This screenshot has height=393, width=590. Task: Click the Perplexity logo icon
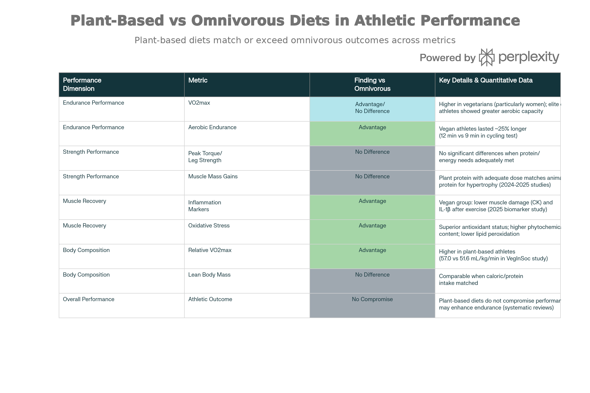click(487, 57)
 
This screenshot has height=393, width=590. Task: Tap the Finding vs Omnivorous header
click(372, 84)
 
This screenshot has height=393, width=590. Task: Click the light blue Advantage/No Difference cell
click(372, 109)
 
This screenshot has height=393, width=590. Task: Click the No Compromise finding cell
click(372, 305)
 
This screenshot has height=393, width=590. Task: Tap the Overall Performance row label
click(88, 299)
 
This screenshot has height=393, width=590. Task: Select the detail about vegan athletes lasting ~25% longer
click(483, 129)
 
